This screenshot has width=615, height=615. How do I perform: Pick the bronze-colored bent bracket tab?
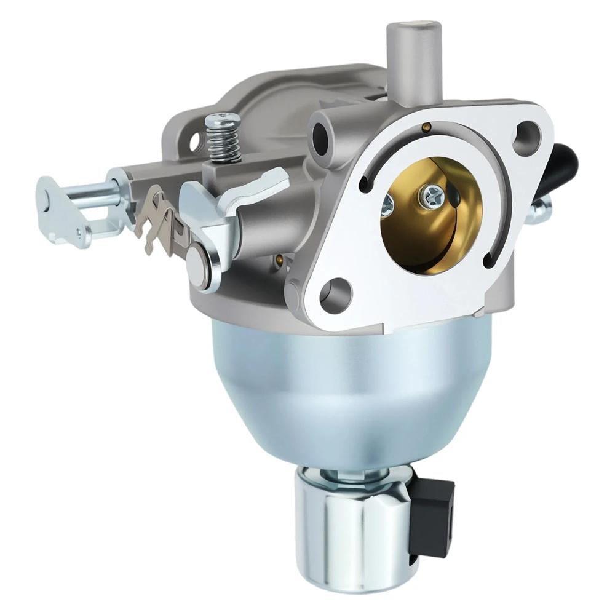click(161, 221)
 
